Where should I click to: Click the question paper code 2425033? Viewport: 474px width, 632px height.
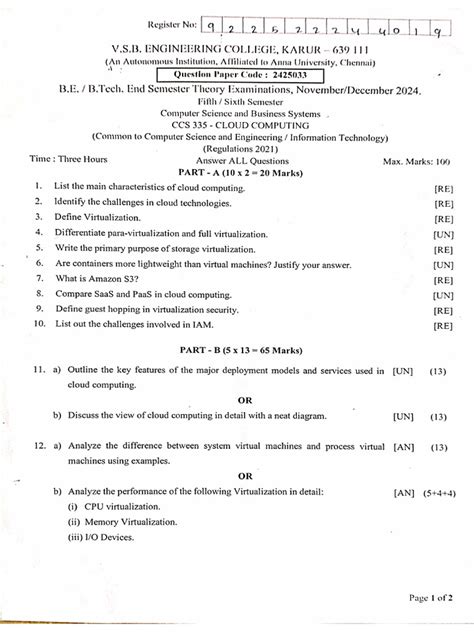click(269, 76)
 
